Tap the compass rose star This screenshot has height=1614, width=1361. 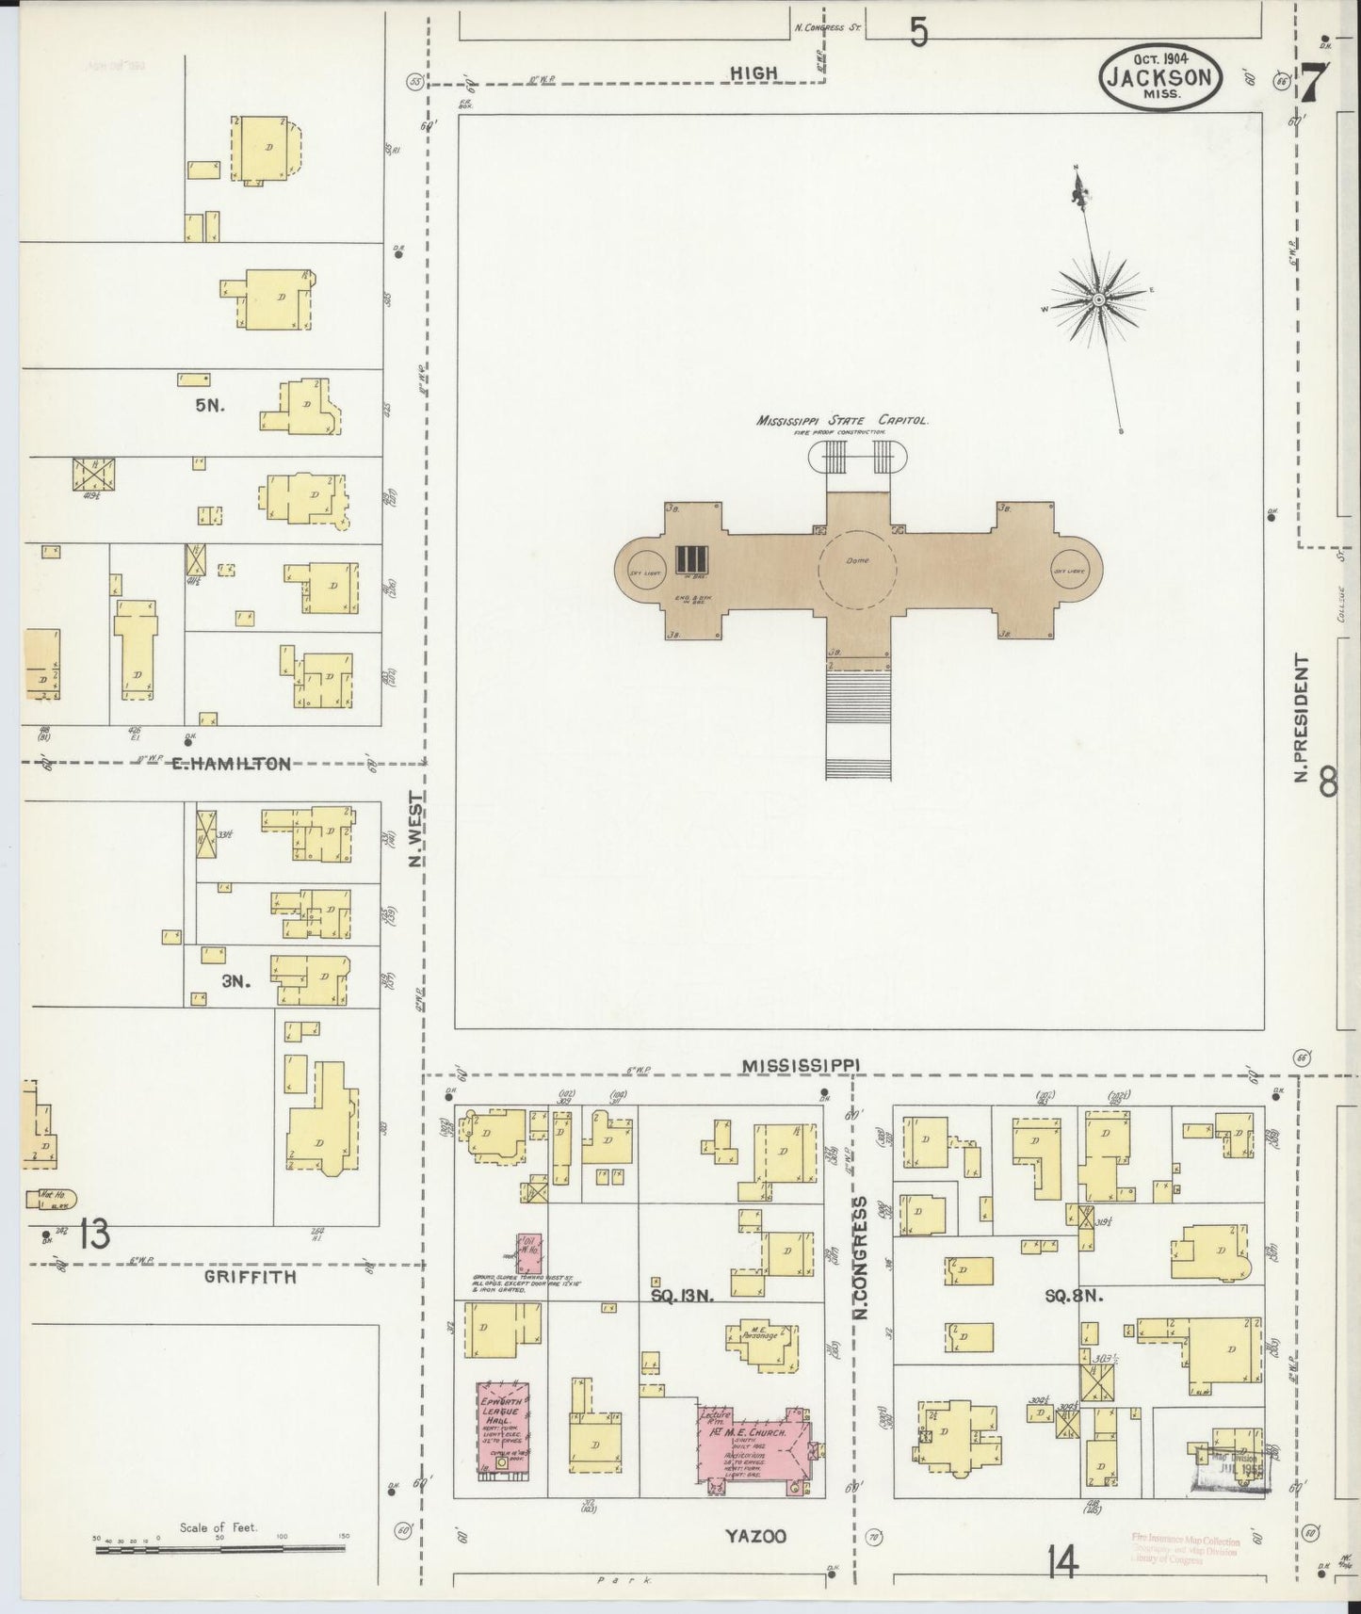(1098, 299)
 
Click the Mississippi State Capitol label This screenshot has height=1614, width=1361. (842, 421)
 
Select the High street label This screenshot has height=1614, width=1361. (754, 73)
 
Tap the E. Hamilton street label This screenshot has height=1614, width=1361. (230, 765)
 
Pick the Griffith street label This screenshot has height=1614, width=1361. (251, 1277)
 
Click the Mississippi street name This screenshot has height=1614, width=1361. (800, 1065)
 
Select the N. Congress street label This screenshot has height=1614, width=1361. (859, 1256)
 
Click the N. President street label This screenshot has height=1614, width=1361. (1302, 718)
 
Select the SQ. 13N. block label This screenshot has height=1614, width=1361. (683, 1295)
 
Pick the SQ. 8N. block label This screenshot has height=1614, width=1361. (1074, 1295)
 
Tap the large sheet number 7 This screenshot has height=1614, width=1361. (1315, 82)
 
